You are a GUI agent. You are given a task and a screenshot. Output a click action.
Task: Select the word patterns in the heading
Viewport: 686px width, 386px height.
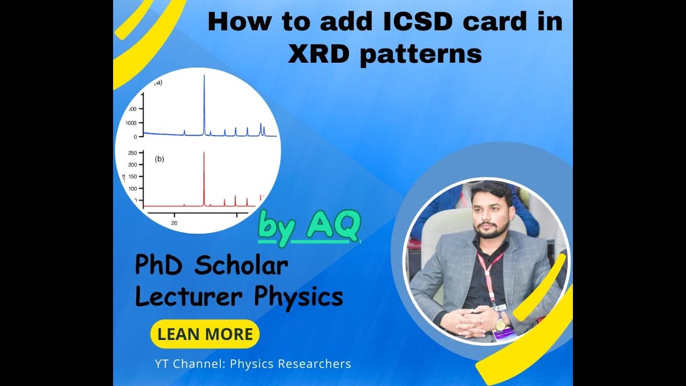coord(421,55)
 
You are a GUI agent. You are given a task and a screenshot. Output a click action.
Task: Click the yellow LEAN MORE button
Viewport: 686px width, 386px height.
coord(205,334)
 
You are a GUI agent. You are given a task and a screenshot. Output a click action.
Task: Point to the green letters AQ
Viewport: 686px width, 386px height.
coord(333,226)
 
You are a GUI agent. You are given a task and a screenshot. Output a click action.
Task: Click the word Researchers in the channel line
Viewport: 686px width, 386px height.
coord(317,364)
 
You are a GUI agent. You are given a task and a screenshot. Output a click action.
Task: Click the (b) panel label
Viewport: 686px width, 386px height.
coord(159,159)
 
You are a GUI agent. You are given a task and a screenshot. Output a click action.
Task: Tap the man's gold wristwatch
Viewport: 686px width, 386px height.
coord(500,325)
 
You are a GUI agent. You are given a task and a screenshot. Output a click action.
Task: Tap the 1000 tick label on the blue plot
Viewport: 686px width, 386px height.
coord(131,123)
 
